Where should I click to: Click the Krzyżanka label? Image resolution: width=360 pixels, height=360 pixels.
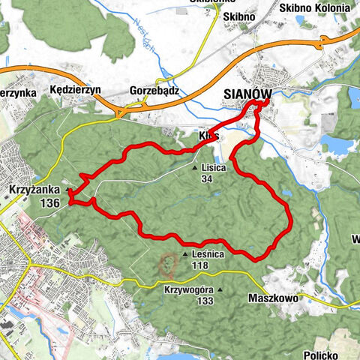[x=36, y=190]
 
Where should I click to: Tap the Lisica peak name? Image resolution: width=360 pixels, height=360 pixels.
[x=214, y=167]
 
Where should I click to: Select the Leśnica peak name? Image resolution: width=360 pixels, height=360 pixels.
[x=208, y=254]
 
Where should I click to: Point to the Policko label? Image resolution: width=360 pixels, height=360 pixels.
[x=324, y=354]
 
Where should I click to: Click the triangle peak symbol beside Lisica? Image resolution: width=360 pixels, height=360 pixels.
[x=194, y=168]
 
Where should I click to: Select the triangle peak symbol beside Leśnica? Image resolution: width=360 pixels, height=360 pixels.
[x=185, y=255]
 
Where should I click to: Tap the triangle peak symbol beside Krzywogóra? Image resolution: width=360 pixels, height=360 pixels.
[x=221, y=290]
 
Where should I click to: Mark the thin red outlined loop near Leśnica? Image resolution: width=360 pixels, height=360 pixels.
[x=167, y=264]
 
